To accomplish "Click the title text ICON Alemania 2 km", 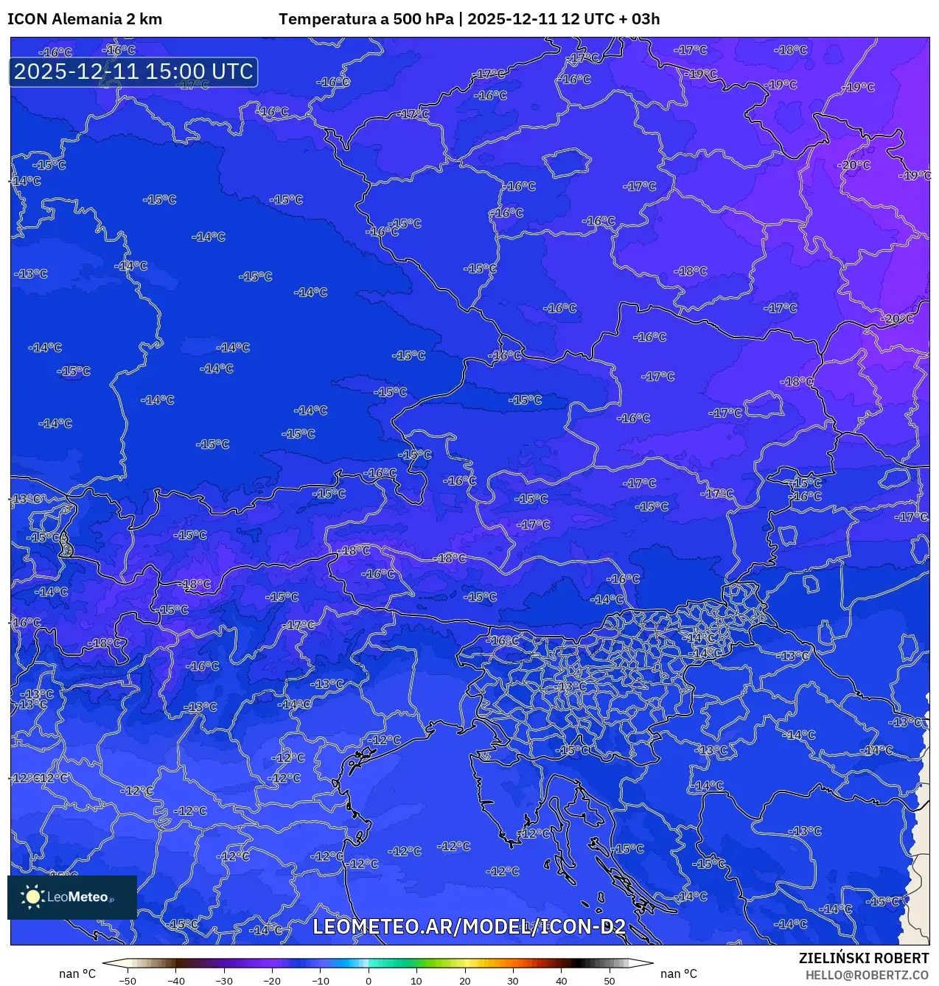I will [85, 19].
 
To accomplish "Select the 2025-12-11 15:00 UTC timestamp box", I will [133, 71].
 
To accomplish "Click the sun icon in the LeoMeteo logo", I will [32, 896].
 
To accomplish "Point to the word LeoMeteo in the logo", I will [78, 897].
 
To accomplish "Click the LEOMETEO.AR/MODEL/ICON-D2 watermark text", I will [469, 926].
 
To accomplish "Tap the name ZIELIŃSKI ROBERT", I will [863, 958].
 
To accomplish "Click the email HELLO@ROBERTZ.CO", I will [867, 974].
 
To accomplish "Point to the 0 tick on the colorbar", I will [369, 981].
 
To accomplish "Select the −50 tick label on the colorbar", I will [127, 981].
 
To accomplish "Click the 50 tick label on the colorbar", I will [610, 981].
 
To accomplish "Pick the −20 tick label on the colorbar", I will [271, 981].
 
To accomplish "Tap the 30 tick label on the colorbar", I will [513, 981].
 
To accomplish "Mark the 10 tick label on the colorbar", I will [416, 981].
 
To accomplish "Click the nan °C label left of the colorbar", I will [77, 974].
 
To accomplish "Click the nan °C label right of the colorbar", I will [679, 974].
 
